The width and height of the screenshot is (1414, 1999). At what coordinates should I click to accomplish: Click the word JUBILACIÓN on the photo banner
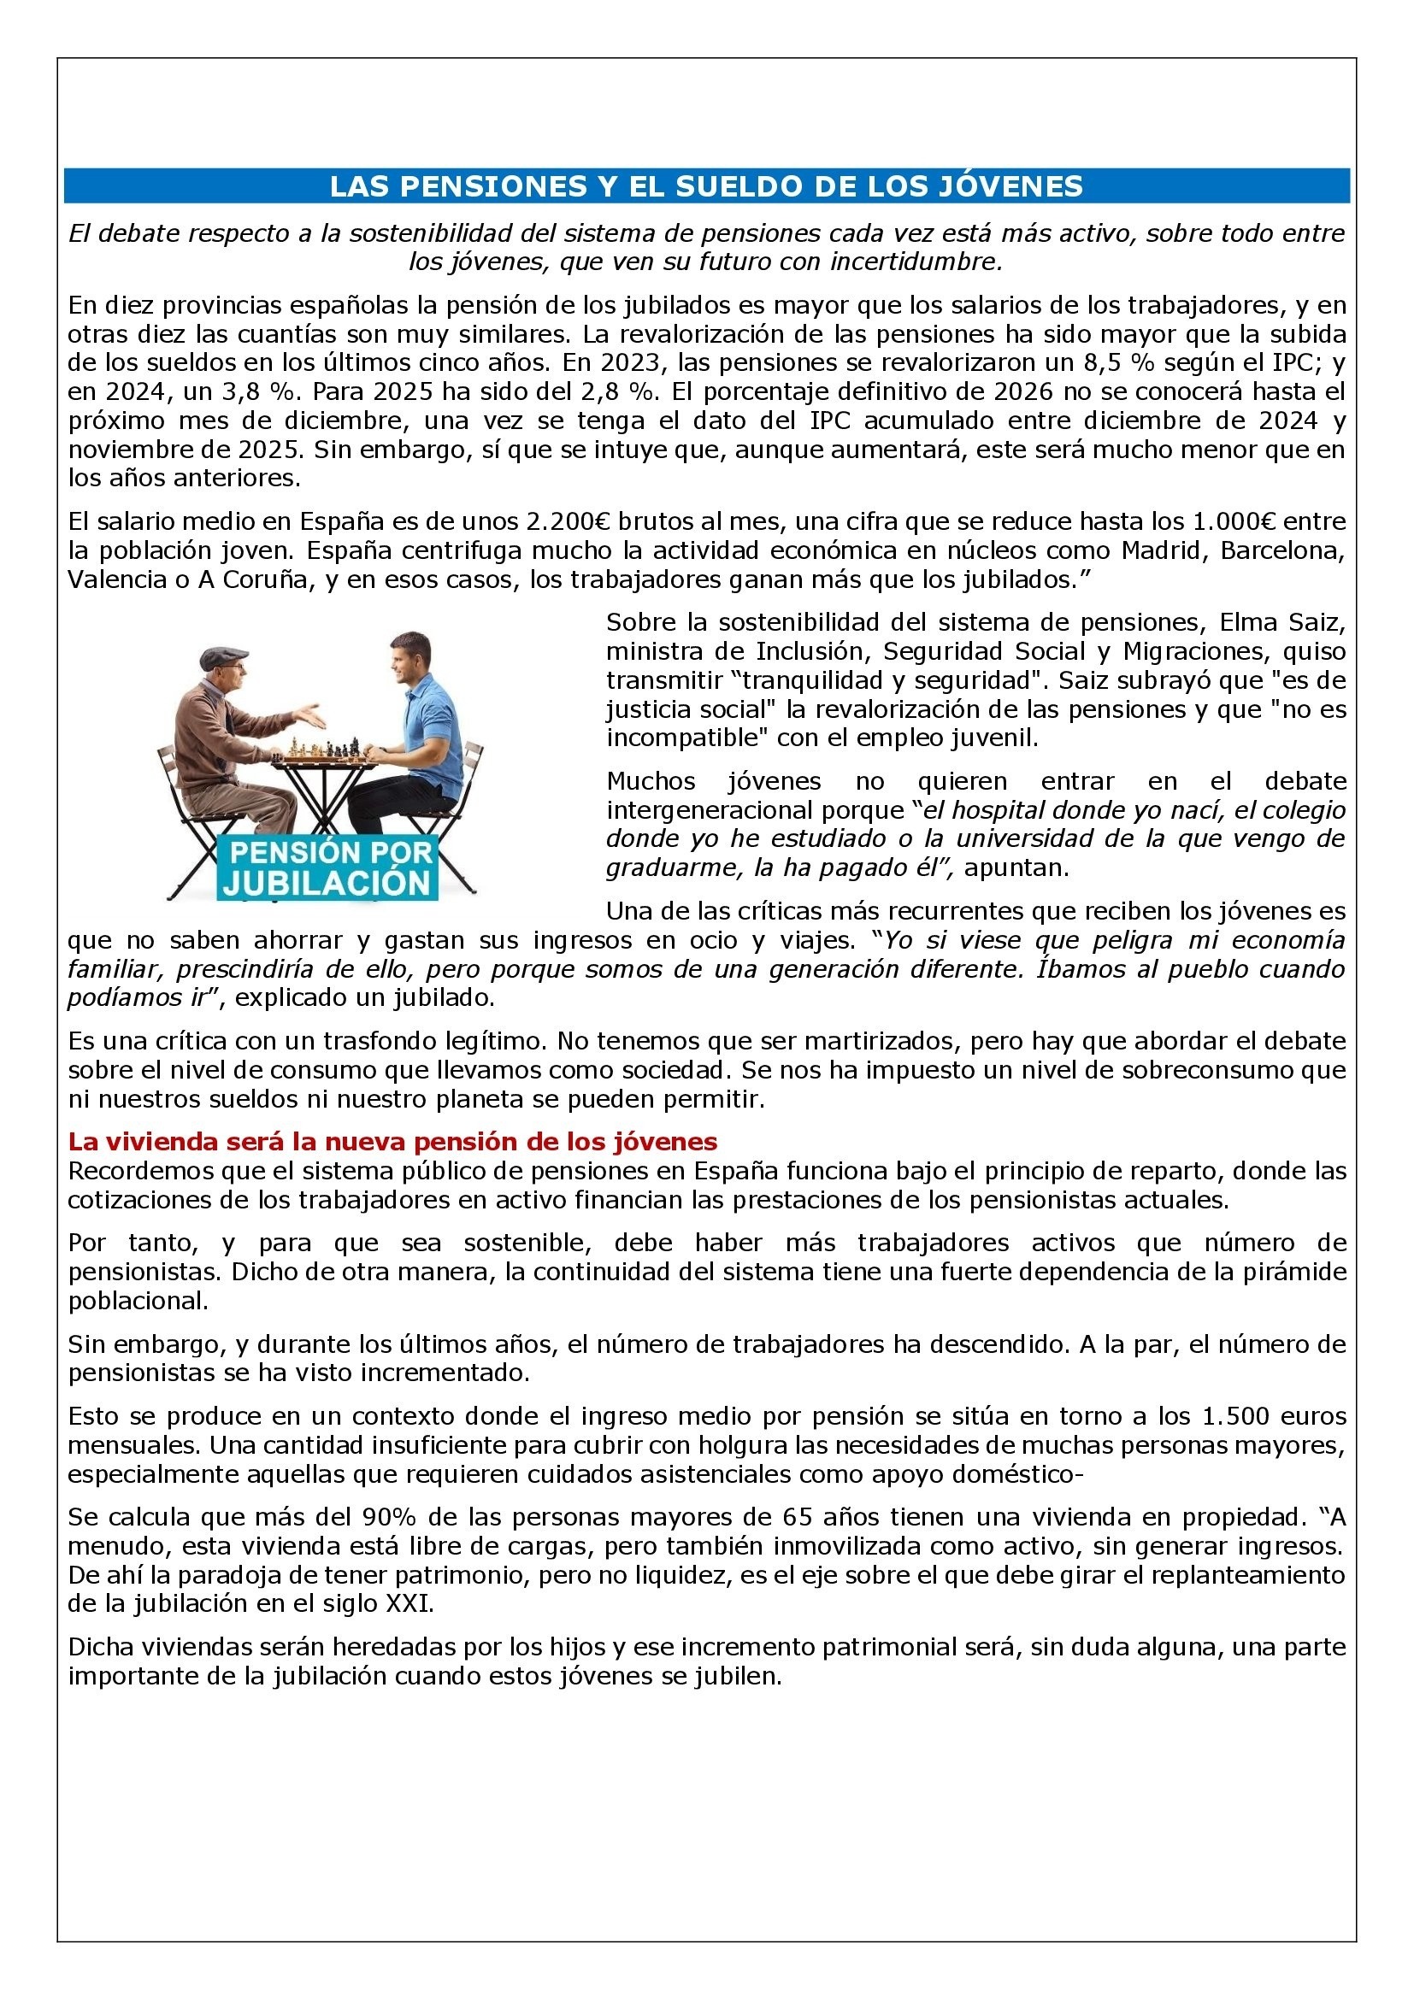coord(327,883)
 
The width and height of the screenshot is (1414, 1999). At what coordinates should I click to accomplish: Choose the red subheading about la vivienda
coord(392,1142)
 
